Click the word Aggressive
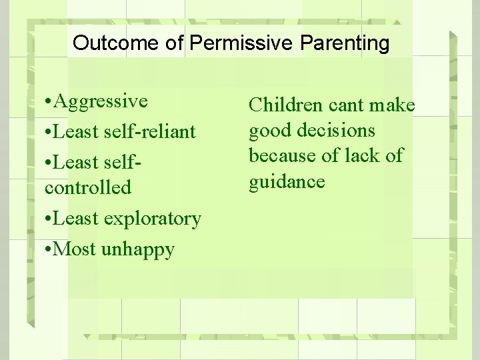pyautogui.click(x=101, y=101)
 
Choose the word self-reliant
pyautogui.click(x=150, y=131)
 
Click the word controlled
pyautogui.click(x=88, y=187)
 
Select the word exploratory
pyautogui.click(x=153, y=218)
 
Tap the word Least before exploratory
pyautogui.click(x=78, y=218)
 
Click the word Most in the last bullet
pyautogui.click(x=75, y=249)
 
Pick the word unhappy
pyautogui.click(x=138, y=250)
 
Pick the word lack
pyautogui.click(x=364, y=155)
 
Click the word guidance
pyautogui.click(x=287, y=182)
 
